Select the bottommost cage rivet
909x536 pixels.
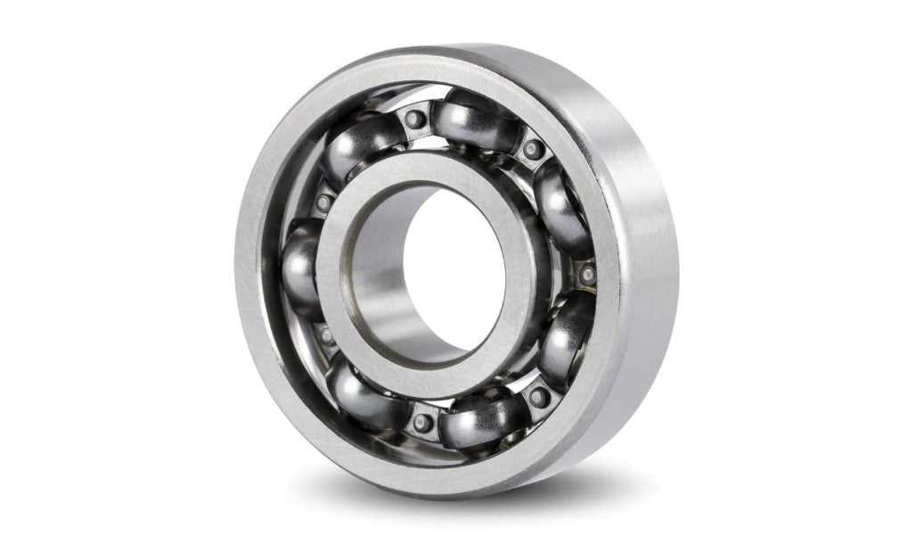pos(424,420)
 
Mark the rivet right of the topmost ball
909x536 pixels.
pos(533,148)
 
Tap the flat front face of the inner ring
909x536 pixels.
pos(352,268)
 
